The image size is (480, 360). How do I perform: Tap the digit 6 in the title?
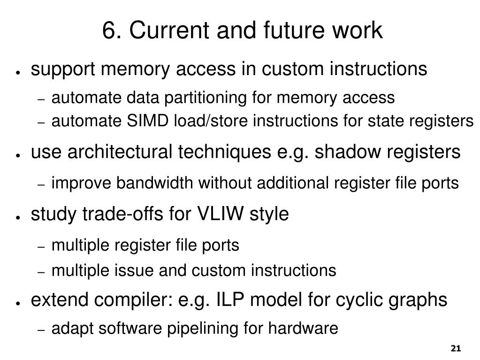108,31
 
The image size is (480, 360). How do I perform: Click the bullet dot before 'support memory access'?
17,72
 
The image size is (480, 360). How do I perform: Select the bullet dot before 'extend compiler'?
17,303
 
